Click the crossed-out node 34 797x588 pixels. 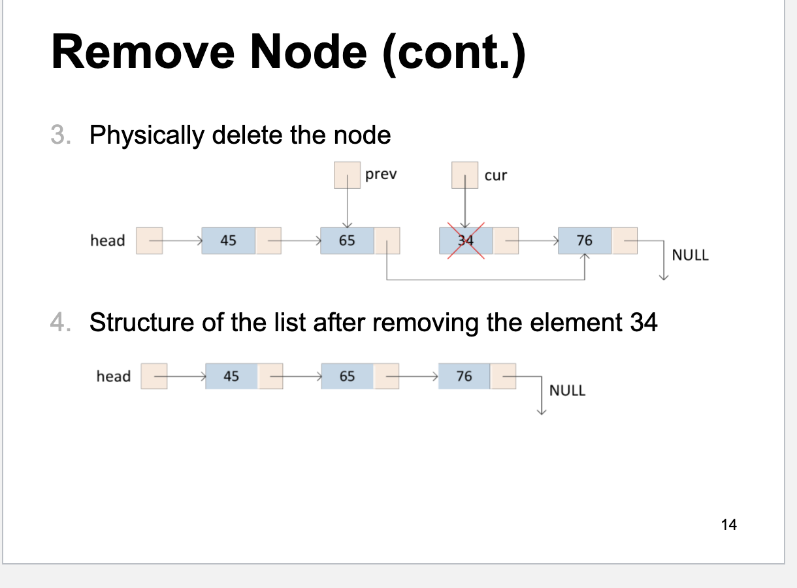click(x=465, y=240)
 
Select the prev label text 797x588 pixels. click(x=381, y=174)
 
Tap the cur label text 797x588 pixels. click(x=495, y=175)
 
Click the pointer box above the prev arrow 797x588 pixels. click(x=347, y=175)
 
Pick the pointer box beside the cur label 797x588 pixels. click(x=464, y=175)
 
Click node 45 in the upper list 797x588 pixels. click(x=228, y=240)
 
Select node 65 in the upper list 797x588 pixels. click(x=347, y=240)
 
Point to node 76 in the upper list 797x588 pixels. click(x=585, y=240)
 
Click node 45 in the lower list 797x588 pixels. click(x=231, y=376)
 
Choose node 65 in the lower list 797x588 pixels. click(x=347, y=376)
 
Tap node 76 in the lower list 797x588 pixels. click(x=464, y=376)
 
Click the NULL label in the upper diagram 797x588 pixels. click(x=690, y=255)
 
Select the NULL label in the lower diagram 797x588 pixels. click(x=567, y=391)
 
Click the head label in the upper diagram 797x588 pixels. click(x=108, y=240)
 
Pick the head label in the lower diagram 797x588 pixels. click(x=114, y=376)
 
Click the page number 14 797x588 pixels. click(x=729, y=524)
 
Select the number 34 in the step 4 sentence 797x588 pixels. click(x=643, y=322)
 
